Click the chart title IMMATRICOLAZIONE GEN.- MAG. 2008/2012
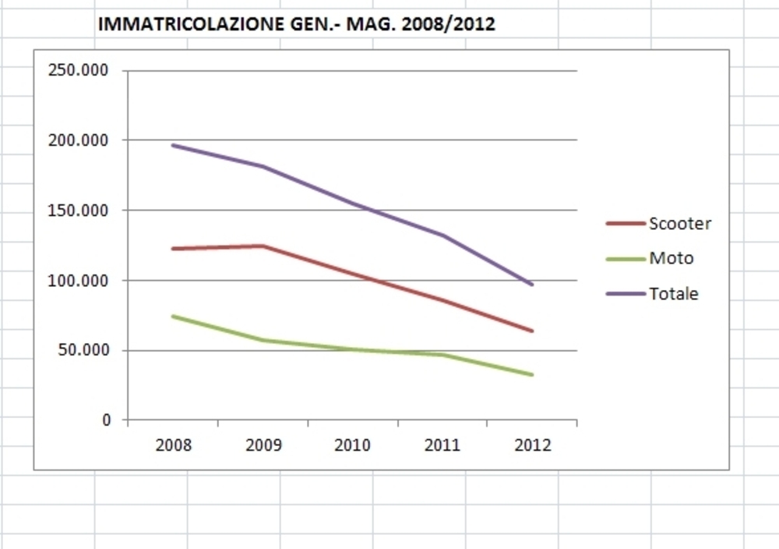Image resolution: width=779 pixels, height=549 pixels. (296, 24)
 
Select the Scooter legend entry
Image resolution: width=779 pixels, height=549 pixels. (679, 224)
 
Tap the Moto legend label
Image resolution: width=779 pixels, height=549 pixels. (671, 258)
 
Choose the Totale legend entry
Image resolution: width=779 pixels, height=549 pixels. (673, 294)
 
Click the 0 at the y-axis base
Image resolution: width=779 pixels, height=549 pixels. (107, 420)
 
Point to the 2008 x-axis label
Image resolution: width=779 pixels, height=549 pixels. (173, 446)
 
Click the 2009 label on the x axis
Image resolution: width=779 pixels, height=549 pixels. (263, 446)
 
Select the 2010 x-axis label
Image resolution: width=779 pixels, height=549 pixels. (353, 446)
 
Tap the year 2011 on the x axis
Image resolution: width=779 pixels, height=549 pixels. (442, 446)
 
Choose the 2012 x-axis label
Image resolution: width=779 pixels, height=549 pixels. (533, 446)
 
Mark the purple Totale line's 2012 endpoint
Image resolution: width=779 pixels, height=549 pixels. (532, 285)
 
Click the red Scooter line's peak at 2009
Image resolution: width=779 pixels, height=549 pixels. (263, 246)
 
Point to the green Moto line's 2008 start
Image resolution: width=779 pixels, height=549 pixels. (173, 316)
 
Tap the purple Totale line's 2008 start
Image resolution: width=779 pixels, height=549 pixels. (173, 145)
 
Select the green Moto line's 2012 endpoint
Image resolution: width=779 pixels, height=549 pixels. (532, 374)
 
